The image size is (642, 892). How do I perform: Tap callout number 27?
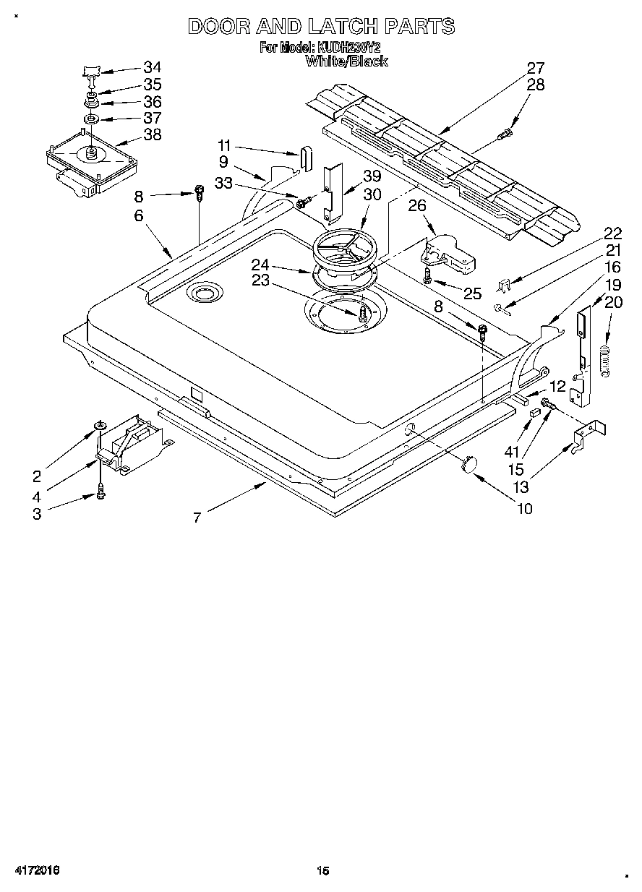pos(535,68)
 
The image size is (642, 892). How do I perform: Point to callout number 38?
pos(152,134)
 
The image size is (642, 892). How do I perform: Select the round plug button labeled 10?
pos(471,464)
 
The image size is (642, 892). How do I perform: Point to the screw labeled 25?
pos(428,275)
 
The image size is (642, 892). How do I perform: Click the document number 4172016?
pos(36,870)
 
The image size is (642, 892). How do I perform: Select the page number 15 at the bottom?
pos(322,870)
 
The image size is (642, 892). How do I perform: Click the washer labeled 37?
pos(91,118)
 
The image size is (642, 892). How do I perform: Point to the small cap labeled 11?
pos(304,157)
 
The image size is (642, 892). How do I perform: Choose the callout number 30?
pos(372,194)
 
